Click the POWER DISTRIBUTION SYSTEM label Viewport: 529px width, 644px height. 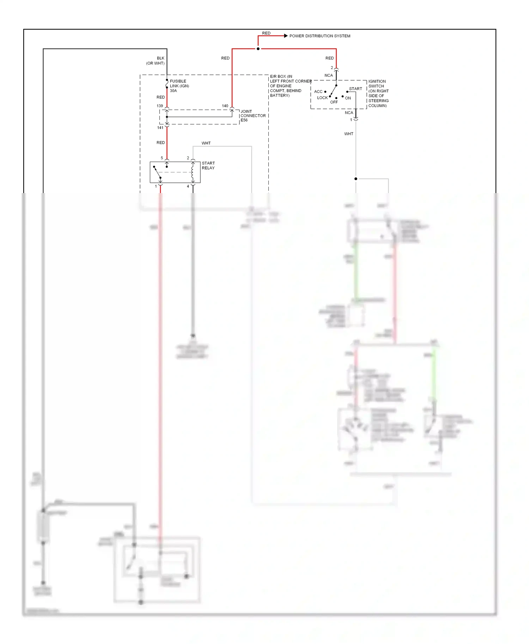tap(320, 36)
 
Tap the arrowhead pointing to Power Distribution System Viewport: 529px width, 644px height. tap(286, 36)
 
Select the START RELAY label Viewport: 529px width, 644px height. tap(208, 166)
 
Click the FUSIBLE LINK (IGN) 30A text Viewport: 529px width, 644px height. tap(179, 86)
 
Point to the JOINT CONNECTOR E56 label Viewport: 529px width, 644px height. tap(253, 116)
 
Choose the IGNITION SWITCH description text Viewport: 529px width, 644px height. tap(378, 93)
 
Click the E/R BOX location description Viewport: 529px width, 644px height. tap(290, 86)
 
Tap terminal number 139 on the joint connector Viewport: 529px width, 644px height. tap(160, 106)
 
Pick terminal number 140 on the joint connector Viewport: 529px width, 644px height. tap(225, 106)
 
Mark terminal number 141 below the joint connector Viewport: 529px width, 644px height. tap(160, 128)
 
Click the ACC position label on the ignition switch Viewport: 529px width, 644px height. tap(318, 92)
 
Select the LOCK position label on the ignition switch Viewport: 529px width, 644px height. tap(322, 98)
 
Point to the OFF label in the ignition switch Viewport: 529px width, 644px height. tap(334, 102)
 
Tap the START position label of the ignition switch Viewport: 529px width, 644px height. tap(355, 89)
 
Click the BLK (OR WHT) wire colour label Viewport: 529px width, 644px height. tap(156, 61)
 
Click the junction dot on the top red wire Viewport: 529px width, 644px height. tap(258, 49)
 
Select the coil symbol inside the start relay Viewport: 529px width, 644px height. tap(193, 172)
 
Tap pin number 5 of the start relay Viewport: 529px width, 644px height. tap(162, 158)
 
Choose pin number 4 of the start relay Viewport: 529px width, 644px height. tap(188, 186)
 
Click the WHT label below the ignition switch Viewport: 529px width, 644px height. tap(348, 134)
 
